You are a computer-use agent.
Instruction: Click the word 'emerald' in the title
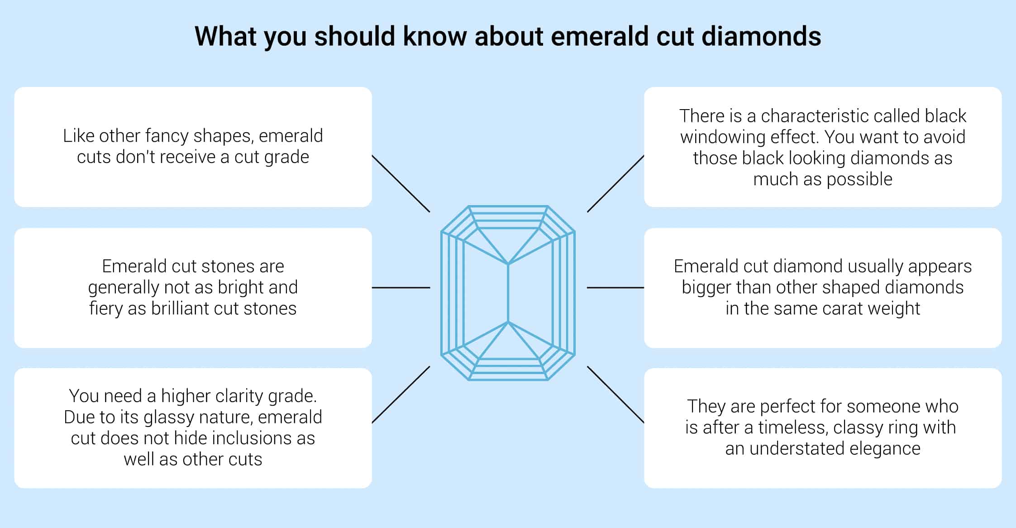599,36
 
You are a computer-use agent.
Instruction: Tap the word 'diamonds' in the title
762,36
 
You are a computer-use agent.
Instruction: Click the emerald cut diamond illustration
508,293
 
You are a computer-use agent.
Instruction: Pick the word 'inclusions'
252,438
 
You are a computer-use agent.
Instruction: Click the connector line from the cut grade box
401,183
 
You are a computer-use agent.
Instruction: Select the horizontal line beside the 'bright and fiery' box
401,288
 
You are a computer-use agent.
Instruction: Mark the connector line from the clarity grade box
401,395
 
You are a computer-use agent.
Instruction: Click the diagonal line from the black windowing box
615,183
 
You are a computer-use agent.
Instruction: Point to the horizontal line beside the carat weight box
615,288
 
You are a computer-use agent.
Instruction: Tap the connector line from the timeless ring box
615,395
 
